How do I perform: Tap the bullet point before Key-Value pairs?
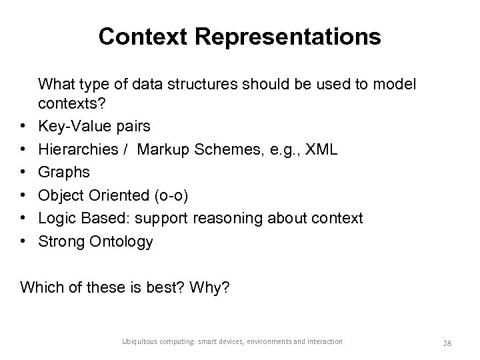click(x=23, y=126)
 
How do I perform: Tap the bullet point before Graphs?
click(x=23, y=172)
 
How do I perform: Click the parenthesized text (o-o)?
click(x=174, y=195)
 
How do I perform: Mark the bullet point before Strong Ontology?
click(x=23, y=241)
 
